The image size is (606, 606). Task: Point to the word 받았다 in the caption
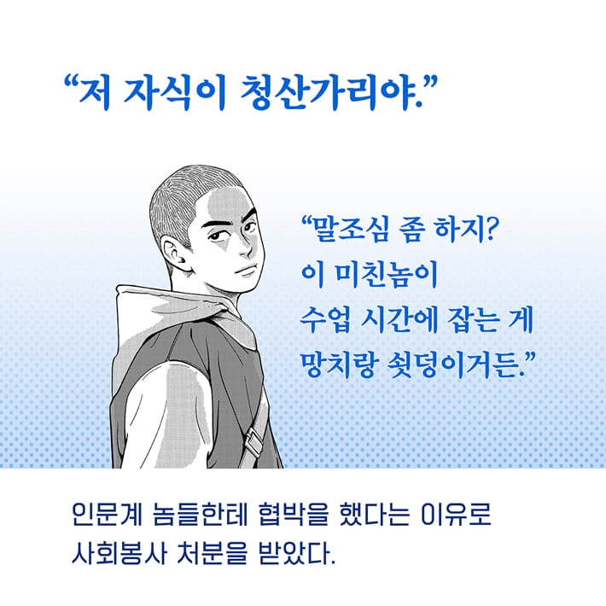(294, 561)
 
